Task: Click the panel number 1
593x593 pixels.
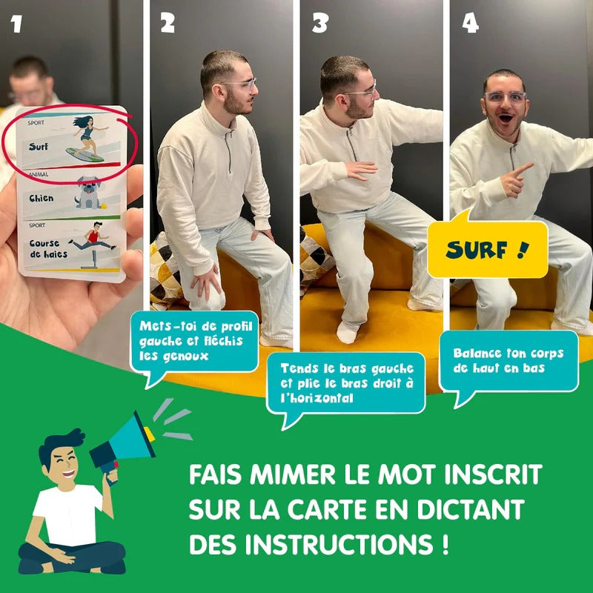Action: (16, 24)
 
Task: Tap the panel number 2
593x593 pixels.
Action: (168, 23)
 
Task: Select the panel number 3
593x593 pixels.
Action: (319, 23)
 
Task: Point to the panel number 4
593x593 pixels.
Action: (470, 24)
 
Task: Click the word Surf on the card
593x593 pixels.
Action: (39, 146)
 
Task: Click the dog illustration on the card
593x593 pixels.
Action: (90, 193)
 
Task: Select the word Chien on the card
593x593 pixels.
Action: (42, 198)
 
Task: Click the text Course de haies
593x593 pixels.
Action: (48, 248)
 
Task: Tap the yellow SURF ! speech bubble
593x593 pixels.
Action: (488, 248)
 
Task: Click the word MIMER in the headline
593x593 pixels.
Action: (292, 474)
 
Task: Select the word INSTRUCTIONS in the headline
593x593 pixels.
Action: (339, 544)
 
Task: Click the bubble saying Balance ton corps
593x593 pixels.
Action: (508, 361)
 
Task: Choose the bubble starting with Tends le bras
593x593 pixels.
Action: (346, 384)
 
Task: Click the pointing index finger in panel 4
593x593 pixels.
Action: (524, 168)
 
